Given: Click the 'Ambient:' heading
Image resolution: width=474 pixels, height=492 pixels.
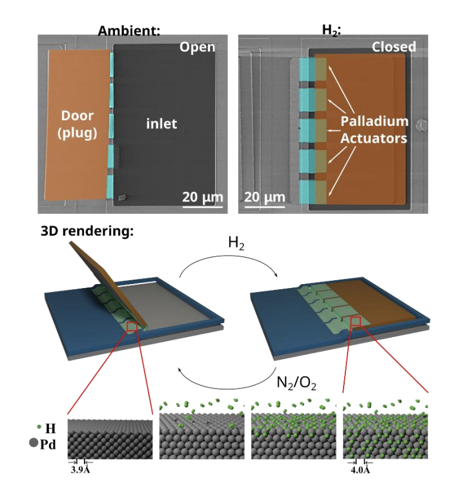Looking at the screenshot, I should coord(129,30).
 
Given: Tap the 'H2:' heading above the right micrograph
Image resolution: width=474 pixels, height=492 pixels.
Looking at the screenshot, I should coord(331,30).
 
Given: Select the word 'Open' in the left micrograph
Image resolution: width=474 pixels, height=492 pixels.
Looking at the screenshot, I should coord(197,47).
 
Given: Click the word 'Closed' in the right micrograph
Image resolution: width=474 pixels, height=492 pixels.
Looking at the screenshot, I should coord(393,47).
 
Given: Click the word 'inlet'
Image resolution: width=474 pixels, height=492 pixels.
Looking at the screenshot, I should coord(161,123).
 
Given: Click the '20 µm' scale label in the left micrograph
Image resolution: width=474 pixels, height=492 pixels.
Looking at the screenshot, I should coord(202,196).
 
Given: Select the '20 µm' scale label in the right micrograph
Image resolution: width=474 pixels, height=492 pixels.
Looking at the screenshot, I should coord(265,196).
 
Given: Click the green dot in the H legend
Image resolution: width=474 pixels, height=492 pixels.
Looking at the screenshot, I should coord(40,427).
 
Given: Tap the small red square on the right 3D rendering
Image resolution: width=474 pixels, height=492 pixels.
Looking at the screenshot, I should coord(355,321).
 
